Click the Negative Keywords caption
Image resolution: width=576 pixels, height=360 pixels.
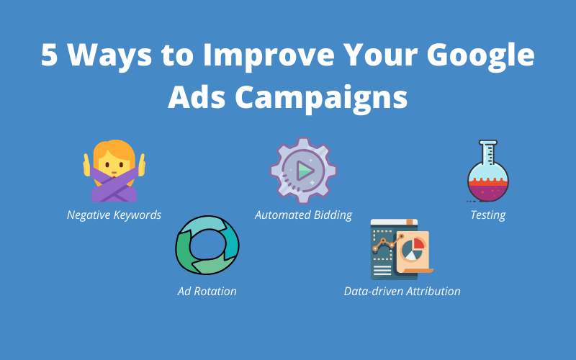(x=114, y=215)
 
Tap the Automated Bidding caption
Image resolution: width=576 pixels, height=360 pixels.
(x=303, y=215)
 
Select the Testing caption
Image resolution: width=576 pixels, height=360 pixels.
(x=487, y=215)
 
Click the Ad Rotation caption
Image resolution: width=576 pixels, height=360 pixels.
(x=207, y=291)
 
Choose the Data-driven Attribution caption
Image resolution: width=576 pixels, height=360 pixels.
(x=402, y=291)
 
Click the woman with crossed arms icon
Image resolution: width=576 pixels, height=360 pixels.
(x=114, y=171)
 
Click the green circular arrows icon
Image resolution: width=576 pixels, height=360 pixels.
(x=207, y=247)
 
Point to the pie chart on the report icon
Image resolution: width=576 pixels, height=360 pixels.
(x=413, y=248)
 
